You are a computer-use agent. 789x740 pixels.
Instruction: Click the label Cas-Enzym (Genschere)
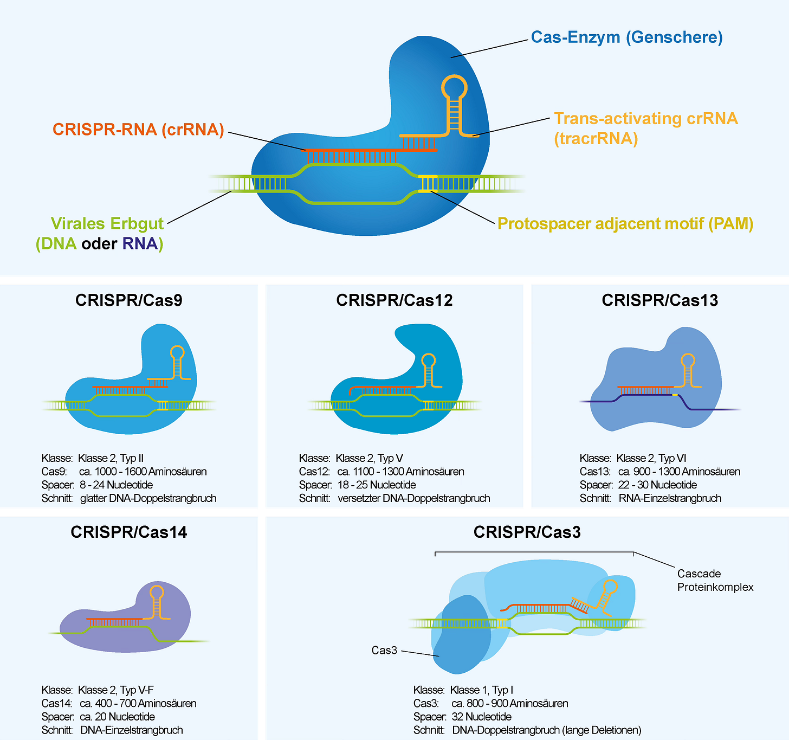[626, 37]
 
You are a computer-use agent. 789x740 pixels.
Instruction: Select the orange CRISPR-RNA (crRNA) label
[138, 130]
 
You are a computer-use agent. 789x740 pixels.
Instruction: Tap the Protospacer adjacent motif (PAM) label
[625, 223]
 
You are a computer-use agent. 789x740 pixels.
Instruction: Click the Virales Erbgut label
[107, 223]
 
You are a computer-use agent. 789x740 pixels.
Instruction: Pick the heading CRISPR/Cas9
[129, 300]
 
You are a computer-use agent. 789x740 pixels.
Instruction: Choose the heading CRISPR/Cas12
[394, 300]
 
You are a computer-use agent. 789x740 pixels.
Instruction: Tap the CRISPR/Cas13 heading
[659, 300]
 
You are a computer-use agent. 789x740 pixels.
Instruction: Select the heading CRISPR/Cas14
[129, 532]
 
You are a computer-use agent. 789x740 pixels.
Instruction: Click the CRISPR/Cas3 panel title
[527, 532]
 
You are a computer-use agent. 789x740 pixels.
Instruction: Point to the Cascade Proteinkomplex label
[715, 580]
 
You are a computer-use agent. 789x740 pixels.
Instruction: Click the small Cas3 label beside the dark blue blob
[384, 650]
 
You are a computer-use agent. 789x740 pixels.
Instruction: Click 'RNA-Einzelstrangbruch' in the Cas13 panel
[670, 498]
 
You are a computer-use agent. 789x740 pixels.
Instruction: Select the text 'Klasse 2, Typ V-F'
[115, 690]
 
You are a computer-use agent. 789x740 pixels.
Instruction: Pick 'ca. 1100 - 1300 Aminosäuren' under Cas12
[400, 472]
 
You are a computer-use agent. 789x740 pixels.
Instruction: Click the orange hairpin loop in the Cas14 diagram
[157, 592]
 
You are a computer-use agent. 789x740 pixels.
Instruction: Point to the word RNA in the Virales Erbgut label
[140, 243]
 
